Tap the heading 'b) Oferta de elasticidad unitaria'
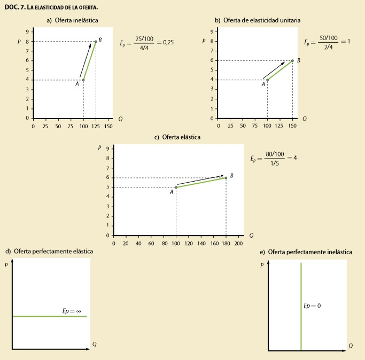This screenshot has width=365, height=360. pos(258,20)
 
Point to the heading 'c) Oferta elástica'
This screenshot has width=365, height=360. pos(177,137)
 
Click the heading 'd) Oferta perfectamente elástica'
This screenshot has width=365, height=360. pos(49,251)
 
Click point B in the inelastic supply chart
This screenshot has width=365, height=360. pos(96,42)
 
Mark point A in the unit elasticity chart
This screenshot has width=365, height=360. pos(267,80)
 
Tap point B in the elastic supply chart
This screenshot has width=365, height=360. pos(226,178)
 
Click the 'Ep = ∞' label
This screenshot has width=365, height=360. pos(72,310)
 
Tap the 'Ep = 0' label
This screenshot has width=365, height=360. pos(312,306)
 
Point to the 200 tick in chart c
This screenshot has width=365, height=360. pos(238,243)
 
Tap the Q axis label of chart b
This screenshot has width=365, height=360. pos(304,119)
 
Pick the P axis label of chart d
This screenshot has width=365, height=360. pos(6,265)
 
